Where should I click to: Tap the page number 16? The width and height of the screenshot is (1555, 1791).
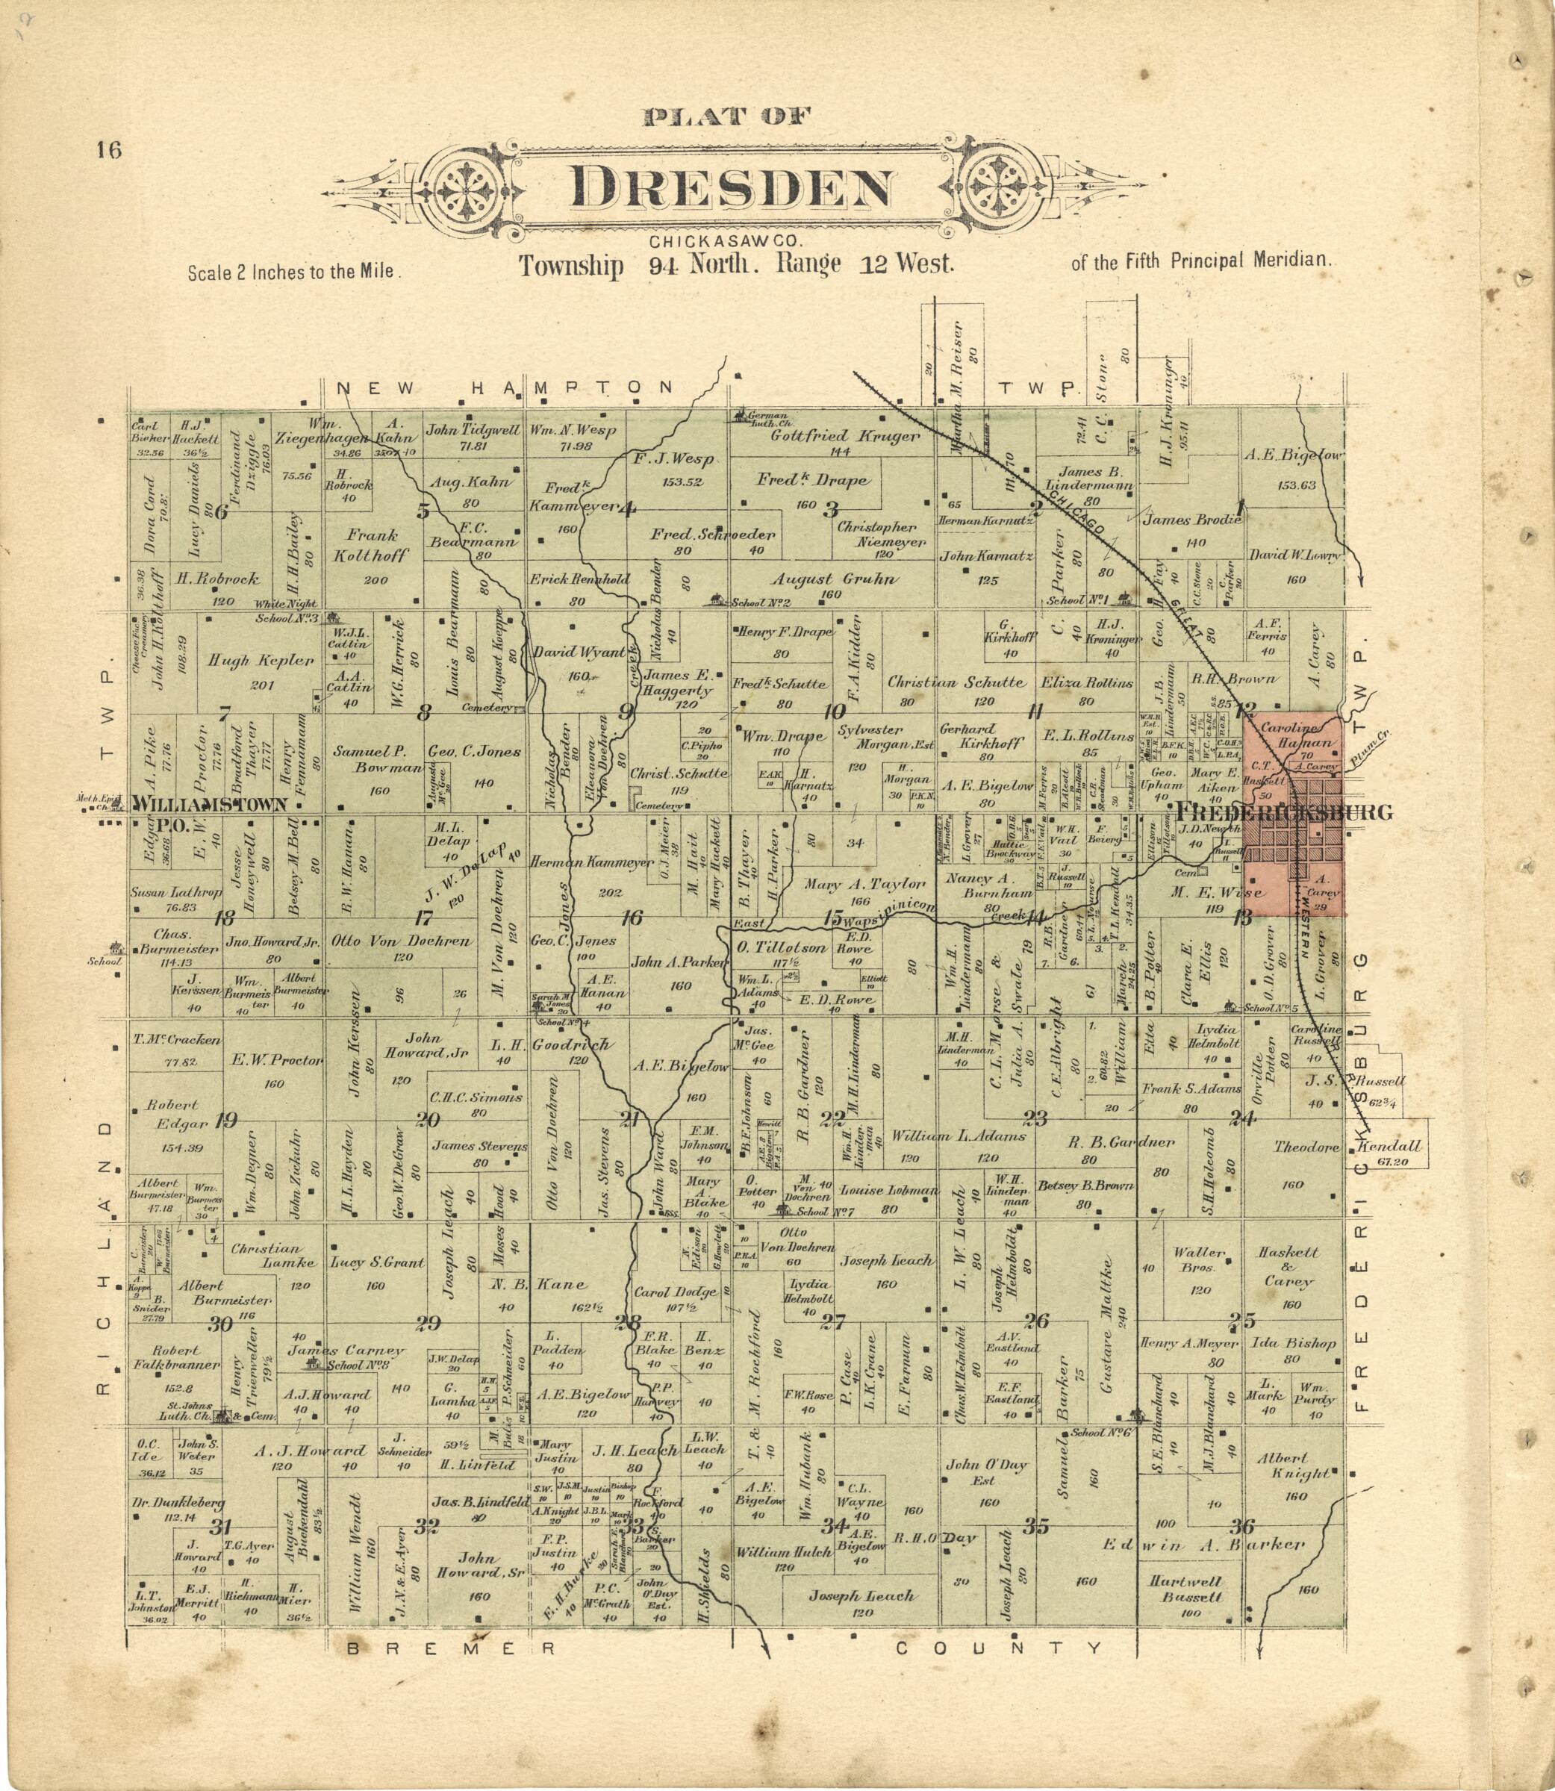[109, 150]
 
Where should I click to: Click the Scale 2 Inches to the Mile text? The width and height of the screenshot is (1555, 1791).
[293, 272]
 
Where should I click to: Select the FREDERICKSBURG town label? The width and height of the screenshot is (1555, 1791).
[1283, 812]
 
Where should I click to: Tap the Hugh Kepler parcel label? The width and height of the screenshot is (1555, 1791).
[261, 661]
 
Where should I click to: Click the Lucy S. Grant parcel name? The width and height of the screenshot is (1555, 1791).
[375, 1262]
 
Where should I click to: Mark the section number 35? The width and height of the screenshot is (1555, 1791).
[1035, 1525]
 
